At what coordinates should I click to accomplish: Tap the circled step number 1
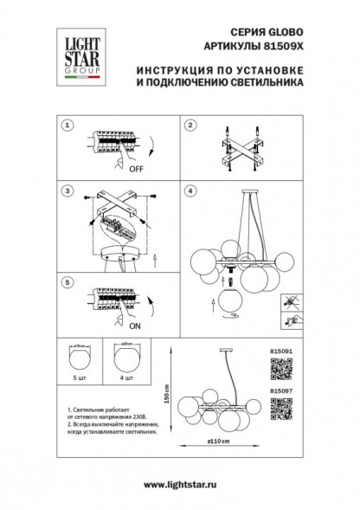click(x=64, y=126)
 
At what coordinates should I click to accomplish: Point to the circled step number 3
click(x=64, y=190)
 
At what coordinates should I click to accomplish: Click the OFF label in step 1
click(x=137, y=170)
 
